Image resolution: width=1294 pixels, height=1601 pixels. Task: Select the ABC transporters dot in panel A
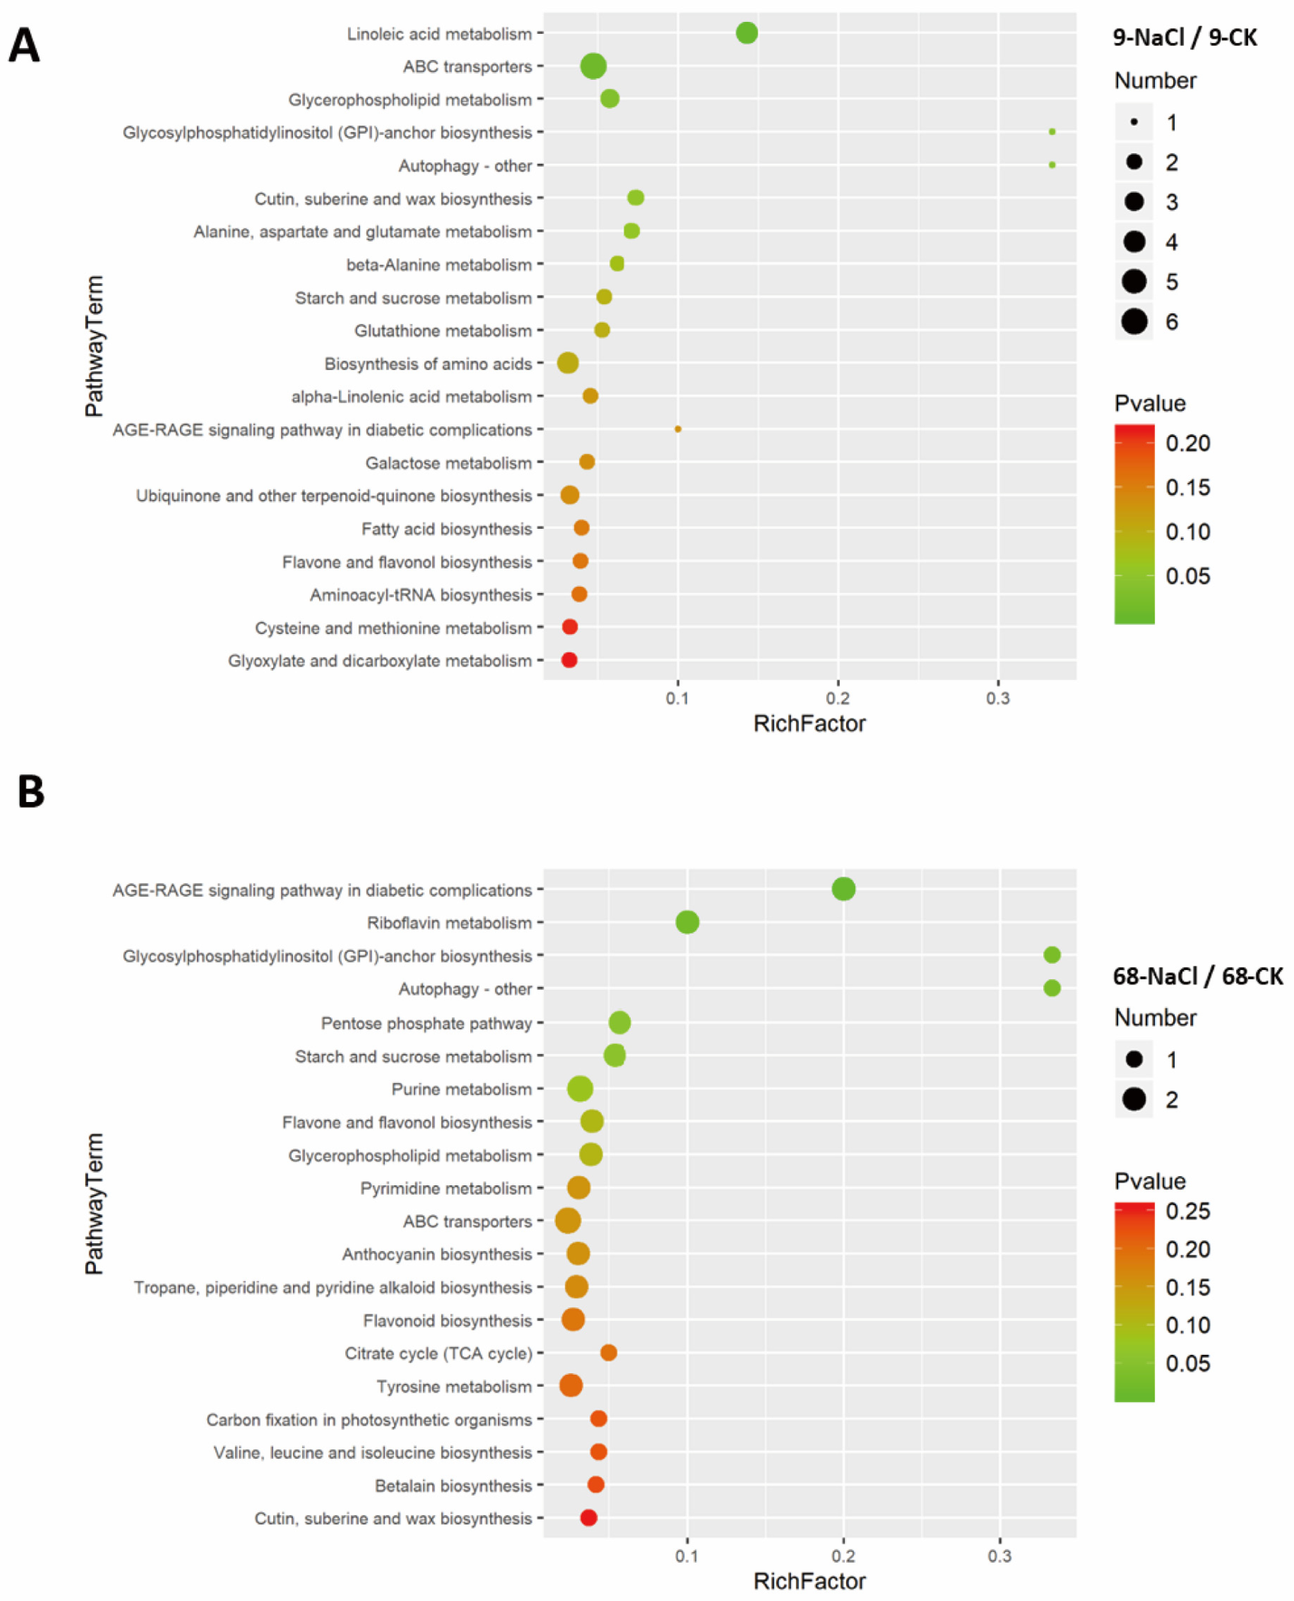click(593, 66)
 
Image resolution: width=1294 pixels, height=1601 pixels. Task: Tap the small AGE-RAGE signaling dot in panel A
click(678, 429)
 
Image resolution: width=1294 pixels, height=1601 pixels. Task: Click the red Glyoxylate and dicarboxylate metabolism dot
click(569, 660)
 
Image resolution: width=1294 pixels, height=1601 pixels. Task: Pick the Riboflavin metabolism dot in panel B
click(687, 923)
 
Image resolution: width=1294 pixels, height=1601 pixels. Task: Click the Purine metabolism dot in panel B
click(580, 1089)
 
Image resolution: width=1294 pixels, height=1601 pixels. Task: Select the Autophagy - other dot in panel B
click(1052, 988)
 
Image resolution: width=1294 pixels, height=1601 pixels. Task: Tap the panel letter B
click(31, 792)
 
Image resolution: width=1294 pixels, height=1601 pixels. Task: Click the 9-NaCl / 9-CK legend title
click(1185, 37)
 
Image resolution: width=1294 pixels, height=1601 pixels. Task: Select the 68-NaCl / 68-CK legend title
click(1197, 976)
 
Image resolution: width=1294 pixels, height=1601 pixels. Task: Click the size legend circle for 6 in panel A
click(1134, 321)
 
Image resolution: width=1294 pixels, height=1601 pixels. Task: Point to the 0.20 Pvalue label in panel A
click(1188, 444)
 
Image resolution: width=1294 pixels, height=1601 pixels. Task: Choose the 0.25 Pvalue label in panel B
click(1188, 1211)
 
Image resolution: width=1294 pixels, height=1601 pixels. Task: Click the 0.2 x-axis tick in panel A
click(838, 699)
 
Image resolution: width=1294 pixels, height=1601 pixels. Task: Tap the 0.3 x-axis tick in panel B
click(999, 1556)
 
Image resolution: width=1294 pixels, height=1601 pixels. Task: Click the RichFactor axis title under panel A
click(810, 724)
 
